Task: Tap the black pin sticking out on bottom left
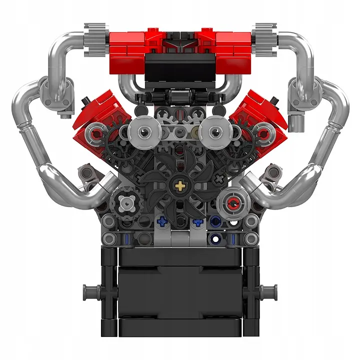90,290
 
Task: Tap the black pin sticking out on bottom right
269,290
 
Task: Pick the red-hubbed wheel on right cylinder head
263,133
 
